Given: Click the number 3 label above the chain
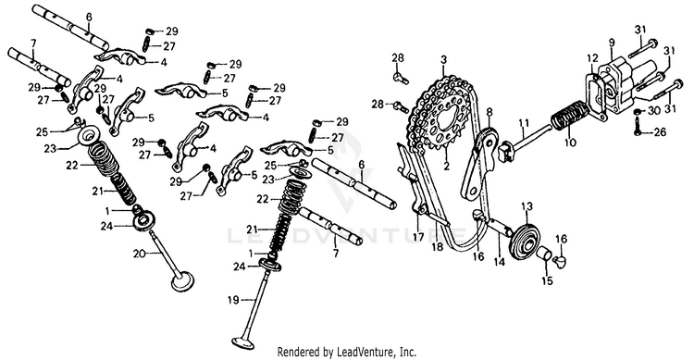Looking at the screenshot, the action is pos(443,59).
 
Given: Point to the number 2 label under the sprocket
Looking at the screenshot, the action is pos(446,167).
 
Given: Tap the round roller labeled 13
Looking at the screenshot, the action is pos(525,235).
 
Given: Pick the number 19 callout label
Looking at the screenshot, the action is pos(233,300).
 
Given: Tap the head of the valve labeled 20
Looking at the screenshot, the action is pos(183,281).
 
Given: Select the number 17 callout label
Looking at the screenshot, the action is pos(418,237).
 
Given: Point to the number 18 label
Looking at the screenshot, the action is pos(438,246).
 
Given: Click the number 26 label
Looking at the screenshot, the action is pos(660,132).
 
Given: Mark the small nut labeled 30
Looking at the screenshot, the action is pos(638,111).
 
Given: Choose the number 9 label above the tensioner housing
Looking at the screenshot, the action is pos(612,43).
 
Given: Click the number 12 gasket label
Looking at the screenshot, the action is pos(592,58).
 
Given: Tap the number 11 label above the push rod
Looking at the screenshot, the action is pos(524,121).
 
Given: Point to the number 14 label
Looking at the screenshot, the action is pos(499,262).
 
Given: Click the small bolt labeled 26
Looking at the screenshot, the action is pos(638,128).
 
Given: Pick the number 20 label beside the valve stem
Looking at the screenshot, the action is pos(139,254).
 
